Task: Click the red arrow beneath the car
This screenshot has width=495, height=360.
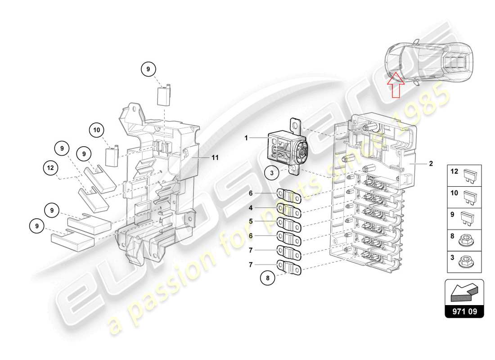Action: (395, 87)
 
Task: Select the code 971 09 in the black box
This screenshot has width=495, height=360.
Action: (464, 310)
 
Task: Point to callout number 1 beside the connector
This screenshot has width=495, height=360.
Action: (247, 138)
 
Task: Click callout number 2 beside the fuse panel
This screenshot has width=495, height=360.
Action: (431, 164)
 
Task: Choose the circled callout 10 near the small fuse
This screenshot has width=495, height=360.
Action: (96, 130)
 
